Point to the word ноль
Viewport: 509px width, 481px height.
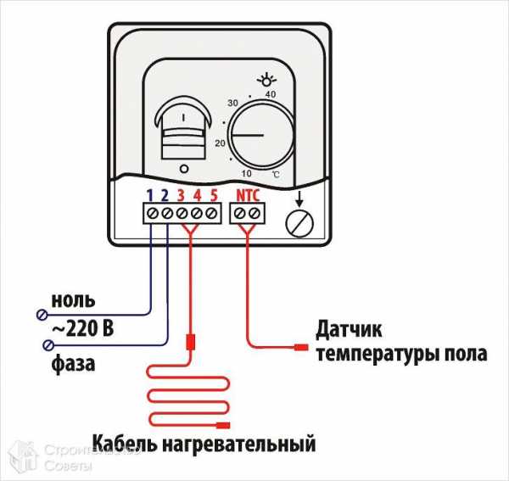[74, 300]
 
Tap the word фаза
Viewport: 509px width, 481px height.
[73, 365]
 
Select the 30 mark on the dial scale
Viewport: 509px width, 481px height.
[232, 103]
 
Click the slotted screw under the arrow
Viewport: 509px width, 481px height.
[297, 223]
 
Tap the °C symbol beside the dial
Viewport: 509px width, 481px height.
[276, 173]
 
